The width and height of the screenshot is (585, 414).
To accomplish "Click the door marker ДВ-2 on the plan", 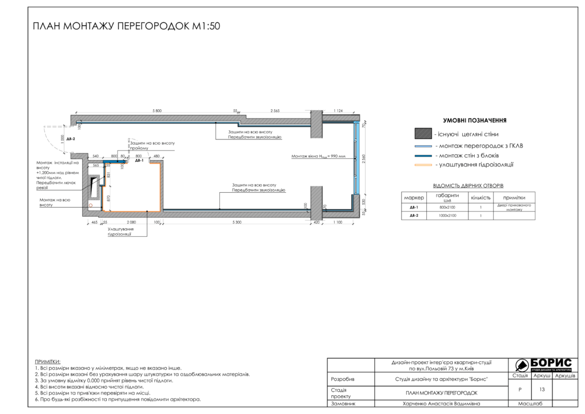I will coord(71,139).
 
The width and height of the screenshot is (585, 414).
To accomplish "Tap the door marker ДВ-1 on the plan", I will coord(139,161).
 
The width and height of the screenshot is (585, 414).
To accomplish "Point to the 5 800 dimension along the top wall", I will coord(157,110).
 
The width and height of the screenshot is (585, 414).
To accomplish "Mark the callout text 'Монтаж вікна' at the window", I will coord(318,156).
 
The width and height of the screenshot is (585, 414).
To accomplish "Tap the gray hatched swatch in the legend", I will coord(423,134).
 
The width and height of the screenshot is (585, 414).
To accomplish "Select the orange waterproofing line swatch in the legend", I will coord(423,165).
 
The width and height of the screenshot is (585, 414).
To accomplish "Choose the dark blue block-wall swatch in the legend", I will coord(423,155).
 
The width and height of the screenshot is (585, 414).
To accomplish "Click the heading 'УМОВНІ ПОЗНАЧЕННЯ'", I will coord(475,121).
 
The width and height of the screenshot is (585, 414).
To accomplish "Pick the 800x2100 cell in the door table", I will coord(447,207).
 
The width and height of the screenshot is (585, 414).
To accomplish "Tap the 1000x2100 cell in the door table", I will coord(447,216).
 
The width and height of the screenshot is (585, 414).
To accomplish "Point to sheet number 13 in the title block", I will coord(542,389).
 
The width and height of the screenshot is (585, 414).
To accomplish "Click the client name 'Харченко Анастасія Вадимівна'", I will coord(438,403).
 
